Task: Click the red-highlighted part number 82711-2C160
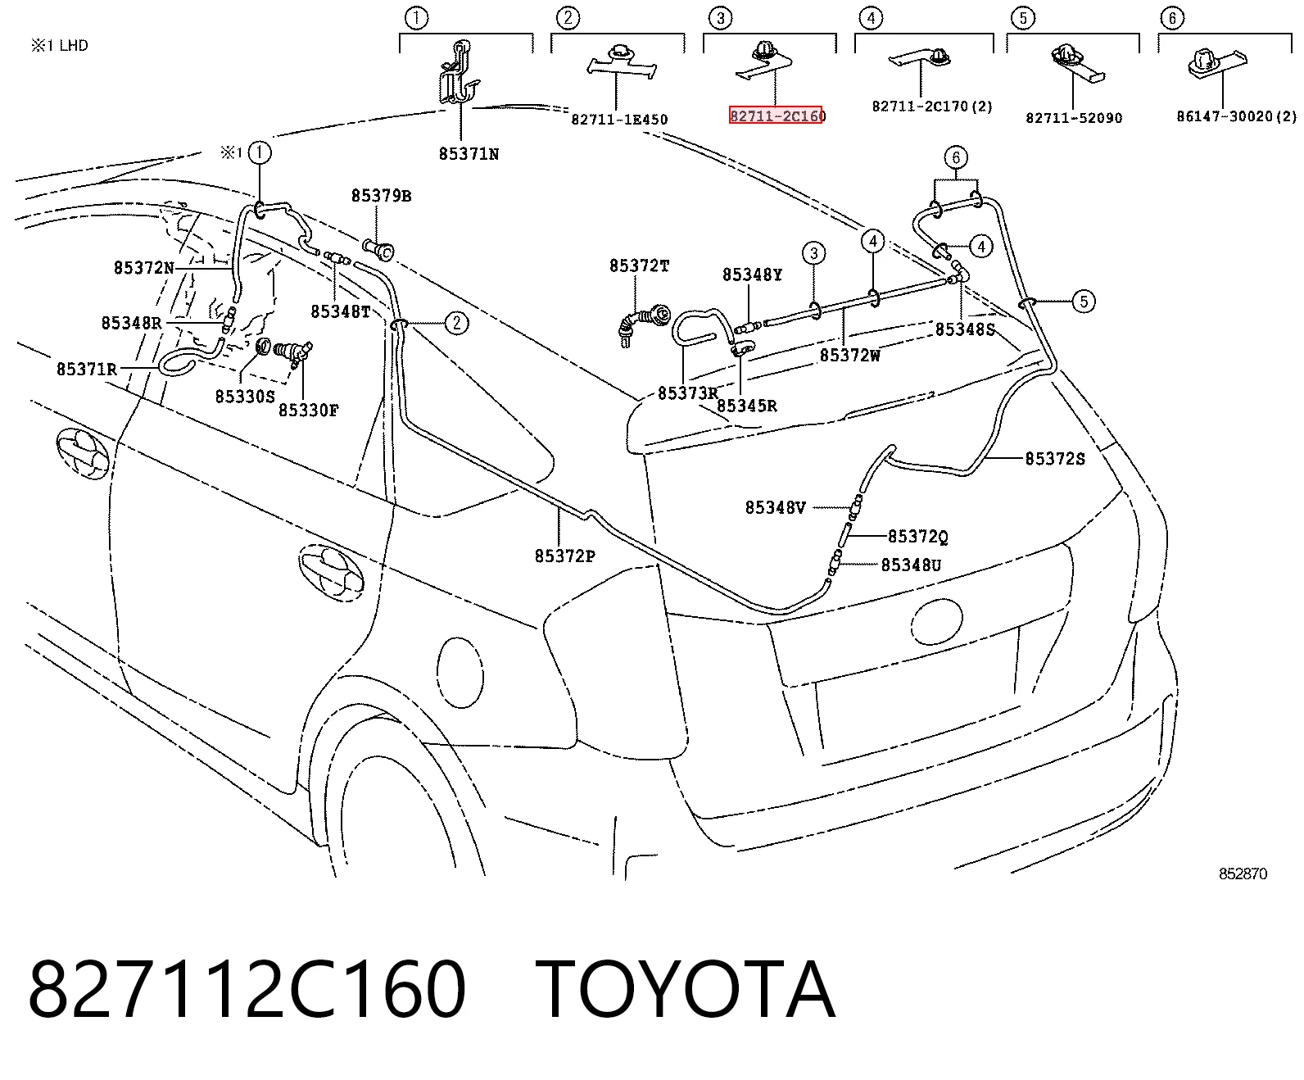click(776, 115)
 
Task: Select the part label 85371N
click(469, 154)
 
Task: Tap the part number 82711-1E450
click(619, 120)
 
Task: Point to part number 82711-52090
click(1074, 117)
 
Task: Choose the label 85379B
click(381, 196)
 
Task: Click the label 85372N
click(143, 267)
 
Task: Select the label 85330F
click(308, 410)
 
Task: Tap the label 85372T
click(639, 266)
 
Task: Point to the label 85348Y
click(752, 275)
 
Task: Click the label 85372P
click(564, 556)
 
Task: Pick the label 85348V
click(775, 507)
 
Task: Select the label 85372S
click(1055, 459)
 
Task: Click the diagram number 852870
click(1243, 874)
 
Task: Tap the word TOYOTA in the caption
click(685, 990)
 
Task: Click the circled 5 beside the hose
click(1084, 302)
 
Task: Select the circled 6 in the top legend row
click(1171, 17)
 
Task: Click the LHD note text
click(59, 46)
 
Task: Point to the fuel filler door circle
click(460, 673)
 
